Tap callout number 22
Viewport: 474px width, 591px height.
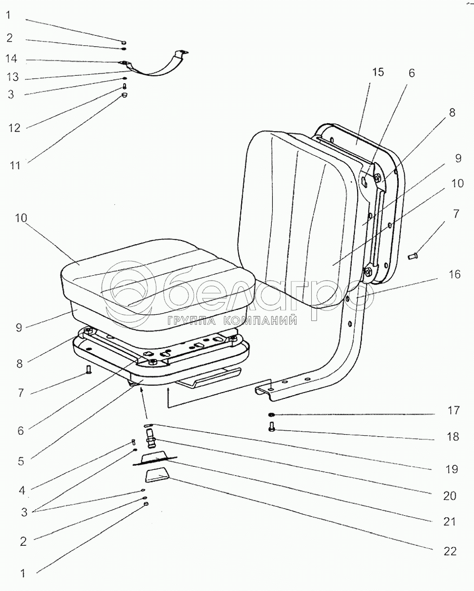[x=449, y=552]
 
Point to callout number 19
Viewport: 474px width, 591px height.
[x=451, y=468]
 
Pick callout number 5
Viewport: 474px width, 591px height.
[x=21, y=462]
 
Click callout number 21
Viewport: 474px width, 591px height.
[x=449, y=523]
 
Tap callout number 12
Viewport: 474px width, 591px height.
[x=15, y=128]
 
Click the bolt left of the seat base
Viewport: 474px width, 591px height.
[x=88, y=370]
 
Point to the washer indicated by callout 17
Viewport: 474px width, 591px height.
[x=271, y=414]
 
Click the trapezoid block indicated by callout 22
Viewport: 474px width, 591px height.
[x=157, y=476]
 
